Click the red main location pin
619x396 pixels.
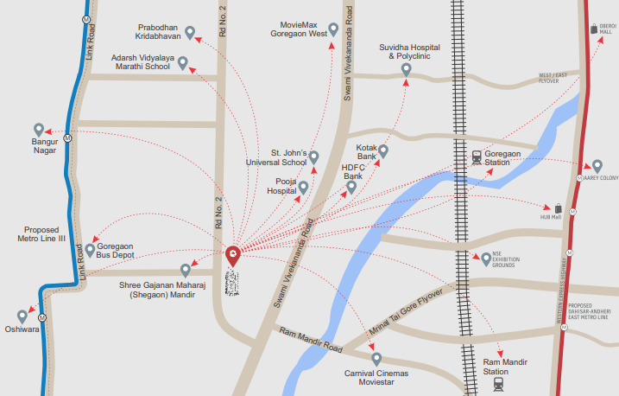click(233, 255)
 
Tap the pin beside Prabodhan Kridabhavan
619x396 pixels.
click(191, 34)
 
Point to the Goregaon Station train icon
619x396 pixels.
click(477, 157)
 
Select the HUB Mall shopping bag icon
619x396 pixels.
click(559, 208)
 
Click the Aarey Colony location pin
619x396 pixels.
click(596, 165)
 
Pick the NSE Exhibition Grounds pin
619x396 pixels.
click(486, 259)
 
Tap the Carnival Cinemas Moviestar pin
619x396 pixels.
click(376, 357)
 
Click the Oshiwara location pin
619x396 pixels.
click(22, 316)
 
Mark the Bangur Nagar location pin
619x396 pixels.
click(38, 129)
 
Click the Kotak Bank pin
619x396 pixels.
click(384, 151)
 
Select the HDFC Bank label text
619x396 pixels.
click(352, 171)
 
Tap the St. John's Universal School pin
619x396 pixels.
click(314, 156)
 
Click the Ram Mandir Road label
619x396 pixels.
click(310, 340)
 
